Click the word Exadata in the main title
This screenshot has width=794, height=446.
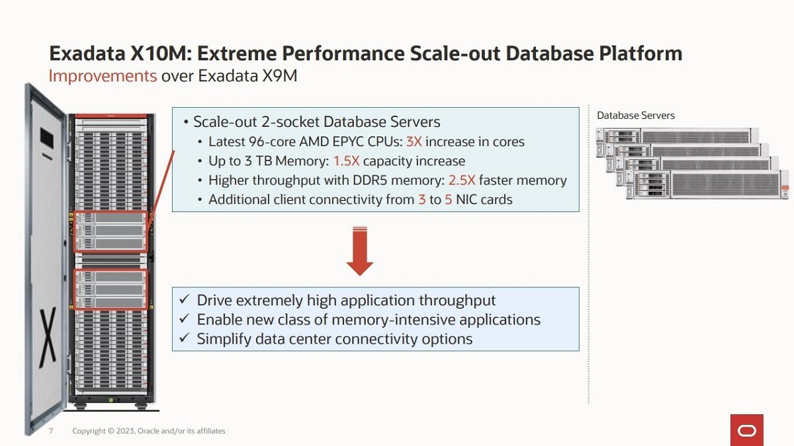click(87, 54)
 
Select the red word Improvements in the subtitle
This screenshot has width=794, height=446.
click(103, 76)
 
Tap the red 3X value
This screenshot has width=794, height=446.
click(414, 141)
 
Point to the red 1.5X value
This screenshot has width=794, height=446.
click(346, 161)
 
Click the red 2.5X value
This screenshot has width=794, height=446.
click(462, 180)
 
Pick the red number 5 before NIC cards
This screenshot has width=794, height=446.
click(449, 200)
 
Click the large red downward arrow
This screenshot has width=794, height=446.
click(360, 251)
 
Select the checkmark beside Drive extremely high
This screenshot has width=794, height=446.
click(185, 299)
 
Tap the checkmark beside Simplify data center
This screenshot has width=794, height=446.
click(185, 338)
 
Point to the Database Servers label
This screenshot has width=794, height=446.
click(636, 116)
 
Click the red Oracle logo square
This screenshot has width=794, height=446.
click(747, 430)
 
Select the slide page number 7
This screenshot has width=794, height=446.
click(51, 431)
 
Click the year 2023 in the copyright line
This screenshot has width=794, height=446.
click(125, 431)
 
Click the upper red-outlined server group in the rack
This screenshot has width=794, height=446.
click(110, 231)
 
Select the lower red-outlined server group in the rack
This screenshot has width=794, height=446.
click(110, 289)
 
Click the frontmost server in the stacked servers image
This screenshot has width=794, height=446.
click(707, 185)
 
